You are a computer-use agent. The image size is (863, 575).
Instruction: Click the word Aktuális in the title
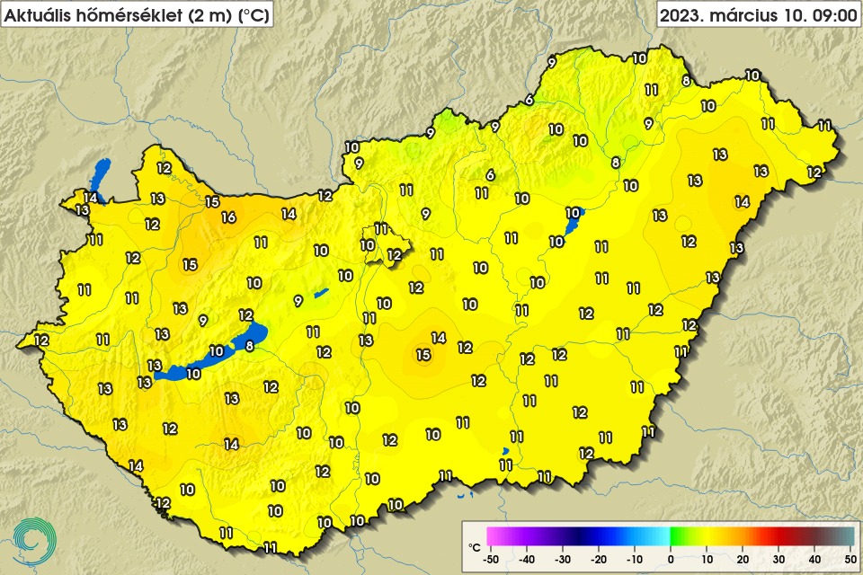coord(37,14)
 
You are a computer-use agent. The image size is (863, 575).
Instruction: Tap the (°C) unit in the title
coord(252,14)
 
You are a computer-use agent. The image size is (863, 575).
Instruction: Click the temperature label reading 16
coord(228,217)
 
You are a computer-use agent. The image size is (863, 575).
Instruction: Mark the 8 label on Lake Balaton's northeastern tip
coord(250,345)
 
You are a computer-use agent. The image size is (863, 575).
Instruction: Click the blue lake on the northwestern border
coord(99,172)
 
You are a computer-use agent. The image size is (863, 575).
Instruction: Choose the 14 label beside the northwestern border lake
coord(91,198)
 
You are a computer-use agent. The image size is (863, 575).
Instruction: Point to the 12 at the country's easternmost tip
coord(814,172)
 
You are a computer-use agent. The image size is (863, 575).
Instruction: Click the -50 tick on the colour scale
coord(491,559)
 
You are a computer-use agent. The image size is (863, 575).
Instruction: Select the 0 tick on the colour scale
coord(671,559)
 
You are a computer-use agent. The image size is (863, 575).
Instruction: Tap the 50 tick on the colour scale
coord(850,559)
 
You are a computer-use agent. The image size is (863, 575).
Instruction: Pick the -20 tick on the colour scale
coord(599,559)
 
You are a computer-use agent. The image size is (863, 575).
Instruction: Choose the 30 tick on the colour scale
coord(778,559)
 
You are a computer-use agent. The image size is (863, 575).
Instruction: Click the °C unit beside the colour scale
coord(475,545)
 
